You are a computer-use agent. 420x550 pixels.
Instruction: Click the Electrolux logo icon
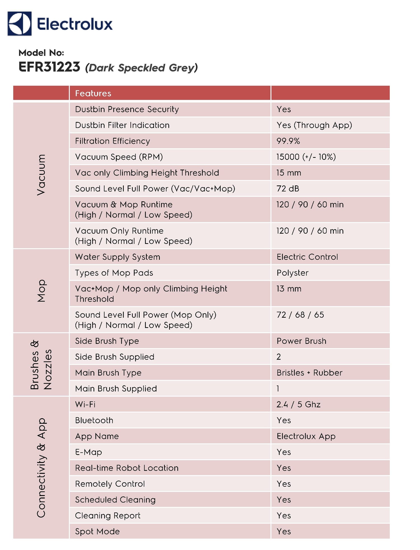point(19,24)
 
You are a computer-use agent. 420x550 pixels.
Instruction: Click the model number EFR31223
point(49,67)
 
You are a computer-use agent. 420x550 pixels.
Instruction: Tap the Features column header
point(93,93)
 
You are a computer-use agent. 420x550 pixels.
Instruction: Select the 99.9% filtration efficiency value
point(288,141)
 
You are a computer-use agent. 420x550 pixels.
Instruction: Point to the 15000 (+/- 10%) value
point(306,157)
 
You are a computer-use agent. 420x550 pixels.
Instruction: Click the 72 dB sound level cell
point(288,189)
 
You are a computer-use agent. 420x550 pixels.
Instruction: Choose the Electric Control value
point(307,257)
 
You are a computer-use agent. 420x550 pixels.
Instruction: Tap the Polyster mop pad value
point(292,273)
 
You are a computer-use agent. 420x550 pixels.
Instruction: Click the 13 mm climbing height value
point(289,289)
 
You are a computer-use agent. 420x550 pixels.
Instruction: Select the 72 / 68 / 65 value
point(300,315)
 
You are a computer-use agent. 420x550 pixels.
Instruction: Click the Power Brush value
point(301,341)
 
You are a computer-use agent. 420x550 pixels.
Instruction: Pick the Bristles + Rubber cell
point(309,373)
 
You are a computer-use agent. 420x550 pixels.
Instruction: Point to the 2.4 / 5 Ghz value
point(298,405)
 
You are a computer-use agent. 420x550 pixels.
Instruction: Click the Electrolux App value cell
point(306,436)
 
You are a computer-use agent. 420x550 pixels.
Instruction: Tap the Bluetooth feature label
point(94,420)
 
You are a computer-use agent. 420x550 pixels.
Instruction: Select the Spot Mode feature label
point(97,532)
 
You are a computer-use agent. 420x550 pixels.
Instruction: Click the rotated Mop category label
point(41,291)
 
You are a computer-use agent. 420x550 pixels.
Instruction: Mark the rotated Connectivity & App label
point(41,467)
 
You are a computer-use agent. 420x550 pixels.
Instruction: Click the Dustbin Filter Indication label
point(122,125)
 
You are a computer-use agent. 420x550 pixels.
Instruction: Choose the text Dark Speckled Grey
point(141,68)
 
